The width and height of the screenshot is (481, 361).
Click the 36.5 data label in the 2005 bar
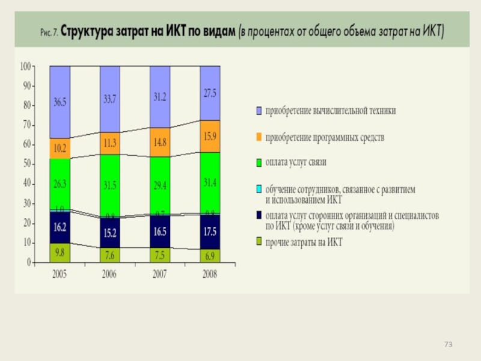60,103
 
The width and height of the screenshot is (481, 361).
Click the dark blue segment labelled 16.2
60,228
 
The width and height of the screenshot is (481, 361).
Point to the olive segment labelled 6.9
210,256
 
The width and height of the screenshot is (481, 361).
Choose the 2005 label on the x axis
60,274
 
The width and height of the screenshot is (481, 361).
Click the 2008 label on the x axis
210,274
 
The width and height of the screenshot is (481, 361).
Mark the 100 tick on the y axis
25,66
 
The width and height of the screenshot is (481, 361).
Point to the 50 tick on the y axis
26,164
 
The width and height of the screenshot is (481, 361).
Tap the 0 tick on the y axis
29,263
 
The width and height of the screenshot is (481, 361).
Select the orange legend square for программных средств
259,138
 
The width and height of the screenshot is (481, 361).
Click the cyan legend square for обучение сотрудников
259,190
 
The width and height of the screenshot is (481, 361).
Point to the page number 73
448,344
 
